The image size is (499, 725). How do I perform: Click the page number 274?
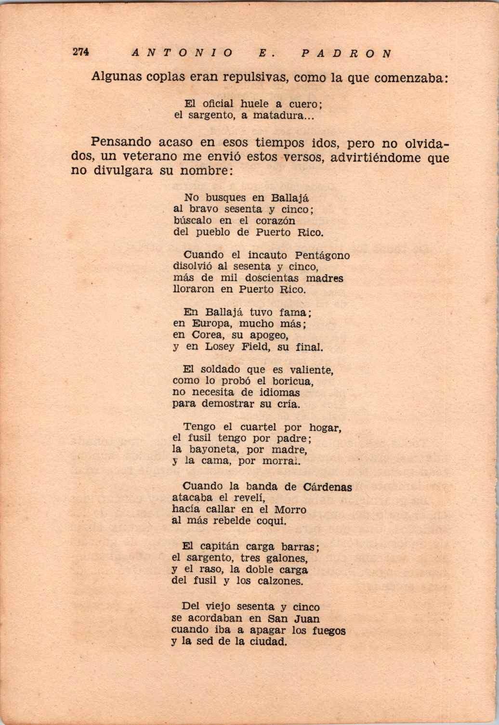80,52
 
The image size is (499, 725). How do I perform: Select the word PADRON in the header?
346,53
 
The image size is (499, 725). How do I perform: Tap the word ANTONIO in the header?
182,53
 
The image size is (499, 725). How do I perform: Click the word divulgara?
121,170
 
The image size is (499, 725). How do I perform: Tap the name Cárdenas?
328,487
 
